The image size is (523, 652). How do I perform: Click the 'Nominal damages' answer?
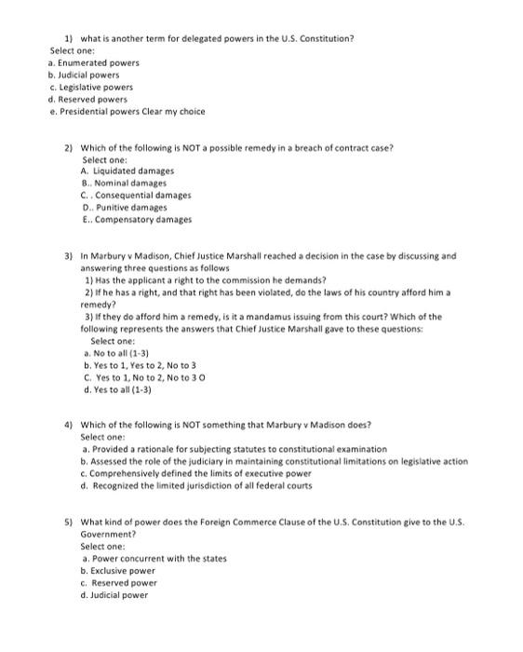pos(132,183)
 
